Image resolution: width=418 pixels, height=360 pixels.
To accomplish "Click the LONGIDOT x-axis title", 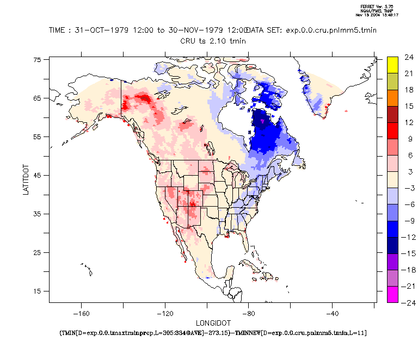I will point(212,322).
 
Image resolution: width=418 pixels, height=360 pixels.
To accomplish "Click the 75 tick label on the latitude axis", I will point(37,60).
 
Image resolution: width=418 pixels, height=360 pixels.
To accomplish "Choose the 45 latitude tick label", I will point(37,175).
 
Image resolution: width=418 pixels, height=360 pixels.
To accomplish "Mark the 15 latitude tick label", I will point(37,291).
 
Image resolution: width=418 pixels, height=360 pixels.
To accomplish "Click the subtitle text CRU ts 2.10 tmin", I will point(212,40).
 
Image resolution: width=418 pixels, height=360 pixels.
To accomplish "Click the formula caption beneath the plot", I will point(212,332).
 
